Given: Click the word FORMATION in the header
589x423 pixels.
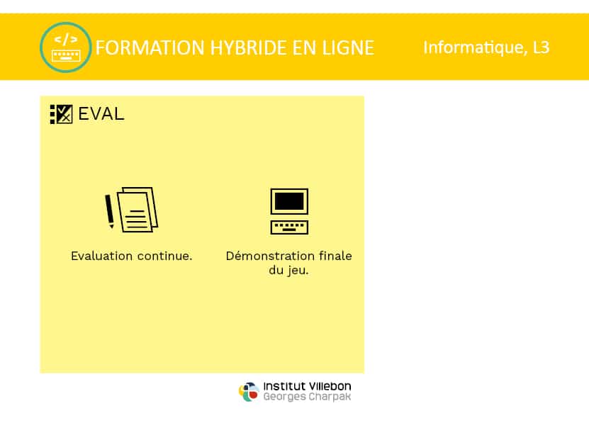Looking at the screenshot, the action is (x=150, y=47).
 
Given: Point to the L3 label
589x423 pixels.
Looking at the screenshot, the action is (x=542, y=47).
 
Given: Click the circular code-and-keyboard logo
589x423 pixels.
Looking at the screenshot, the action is (x=66, y=47).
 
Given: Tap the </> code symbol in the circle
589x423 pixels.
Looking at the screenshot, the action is (x=66, y=39).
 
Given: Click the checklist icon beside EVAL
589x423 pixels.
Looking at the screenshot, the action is (x=61, y=114).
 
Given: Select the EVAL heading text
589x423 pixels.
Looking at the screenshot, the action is (x=101, y=114).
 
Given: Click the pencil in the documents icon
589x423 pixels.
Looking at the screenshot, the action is (x=109, y=210).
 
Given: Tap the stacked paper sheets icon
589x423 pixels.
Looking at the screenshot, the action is (x=138, y=210).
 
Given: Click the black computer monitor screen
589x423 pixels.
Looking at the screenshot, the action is (x=289, y=201).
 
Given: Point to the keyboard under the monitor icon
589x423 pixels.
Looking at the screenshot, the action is (x=289, y=227).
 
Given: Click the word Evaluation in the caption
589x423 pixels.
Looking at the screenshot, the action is (x=101, y=256).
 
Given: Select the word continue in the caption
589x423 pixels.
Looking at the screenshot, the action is (x=163, y=256).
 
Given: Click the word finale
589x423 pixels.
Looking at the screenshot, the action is (x=335, y=256).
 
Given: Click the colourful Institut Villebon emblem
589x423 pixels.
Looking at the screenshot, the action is (x=249, y=392).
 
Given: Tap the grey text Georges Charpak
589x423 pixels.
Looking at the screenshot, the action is (x=307, y=397).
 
